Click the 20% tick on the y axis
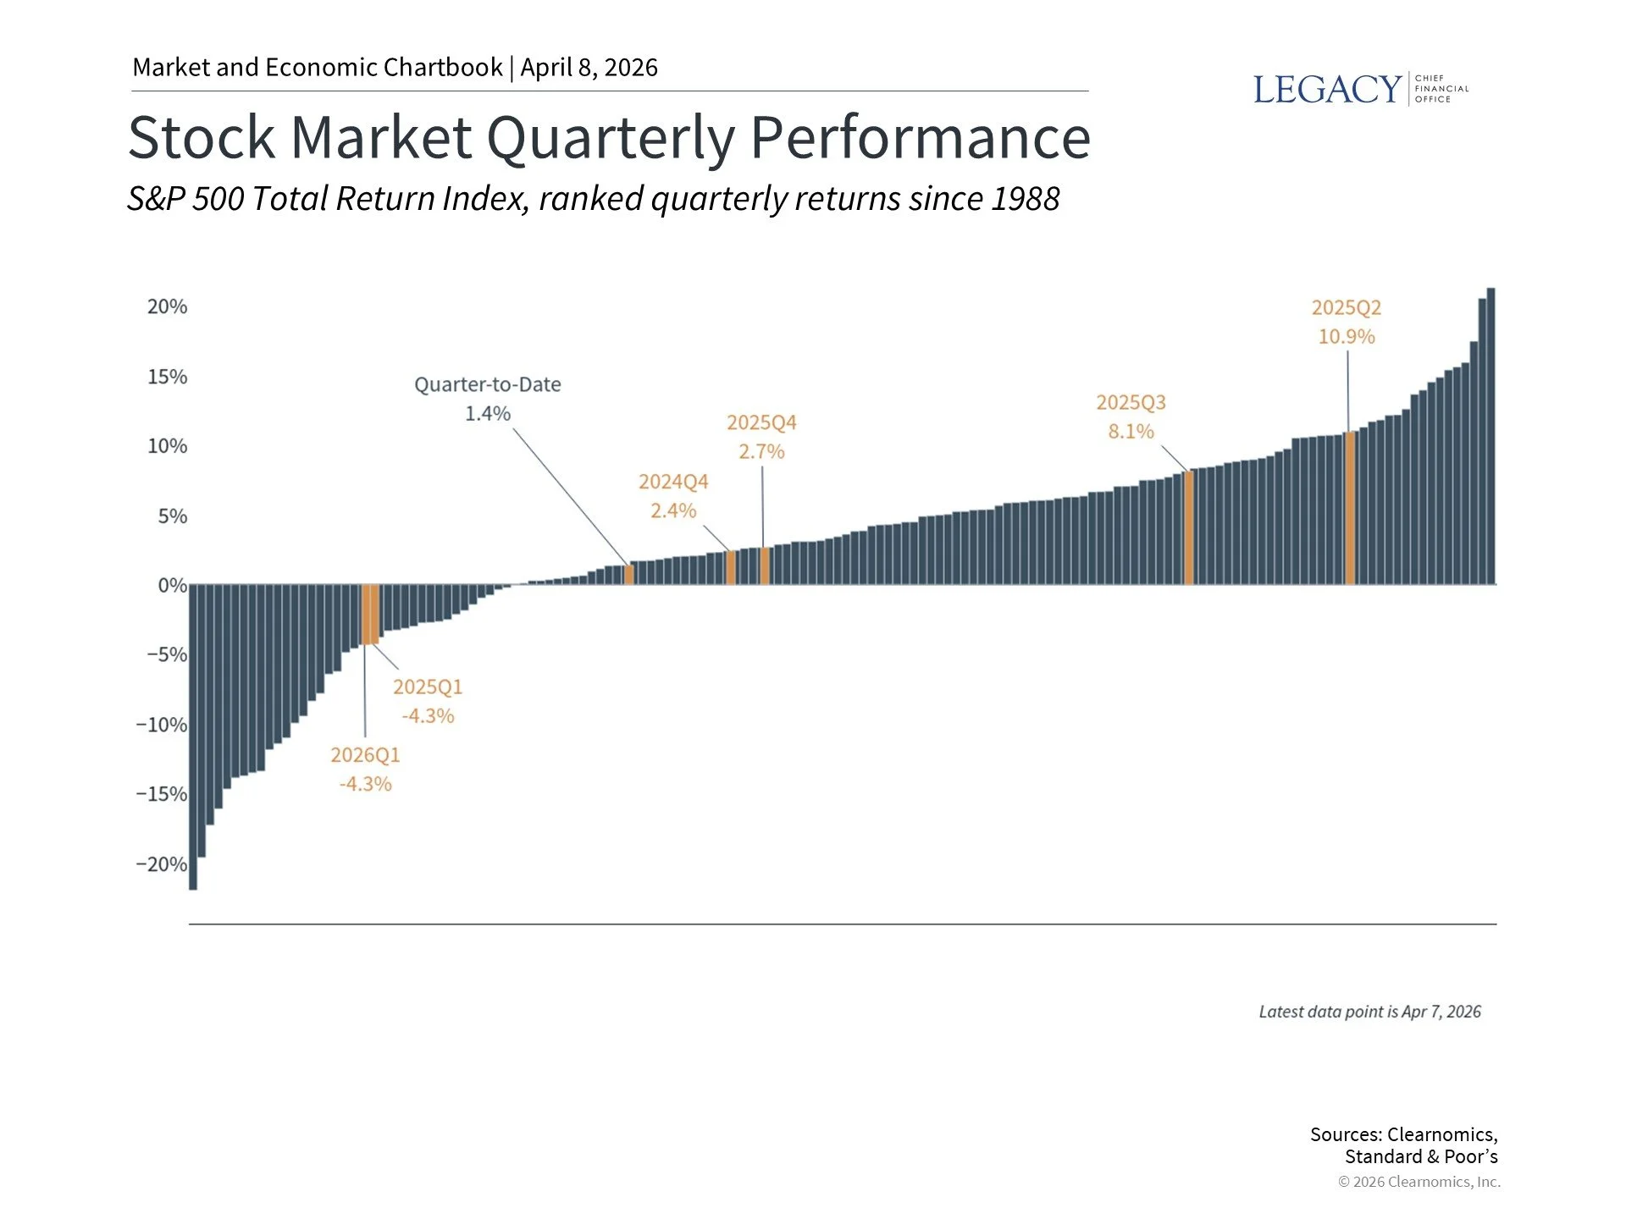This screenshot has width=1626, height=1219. coord(167,306)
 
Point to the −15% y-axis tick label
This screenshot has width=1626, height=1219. coord(162,794)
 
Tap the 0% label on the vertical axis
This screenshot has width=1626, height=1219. coord(172,585)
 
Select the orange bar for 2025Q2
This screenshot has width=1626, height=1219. coord(1350,508)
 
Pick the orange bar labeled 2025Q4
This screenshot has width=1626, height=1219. coord(764,565)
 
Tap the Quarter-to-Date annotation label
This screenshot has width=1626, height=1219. coord(487,384)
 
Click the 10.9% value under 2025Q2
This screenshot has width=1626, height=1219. coord(1346,336)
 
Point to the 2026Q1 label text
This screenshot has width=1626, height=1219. coord(365,754)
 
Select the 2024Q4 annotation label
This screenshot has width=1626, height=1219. coord(672,482)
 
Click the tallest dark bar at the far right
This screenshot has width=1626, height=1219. coord(1490,436)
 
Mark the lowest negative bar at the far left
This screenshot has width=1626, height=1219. coord(193,736)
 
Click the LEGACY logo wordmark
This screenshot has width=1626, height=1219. coord(1326,89)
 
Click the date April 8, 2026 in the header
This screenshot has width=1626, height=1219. coord(589,68)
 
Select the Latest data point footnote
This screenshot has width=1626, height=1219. coord(1369,1012)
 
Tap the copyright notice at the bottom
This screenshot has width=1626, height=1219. coord(1419,1182)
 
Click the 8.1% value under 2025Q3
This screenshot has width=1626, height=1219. coord(1131,431)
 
